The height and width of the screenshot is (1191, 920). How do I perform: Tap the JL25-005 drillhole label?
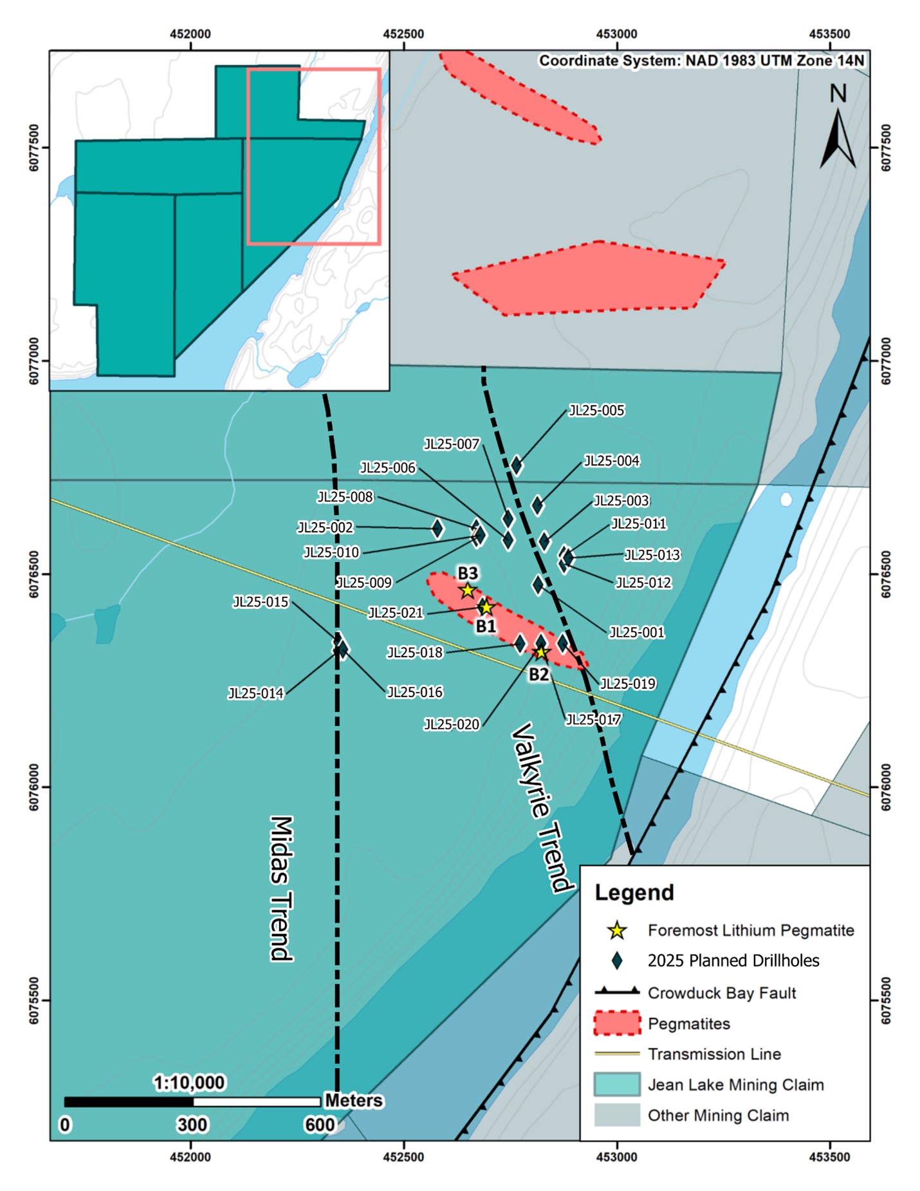tap(596, 411)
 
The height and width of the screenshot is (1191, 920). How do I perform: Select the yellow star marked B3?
tap(468, 590)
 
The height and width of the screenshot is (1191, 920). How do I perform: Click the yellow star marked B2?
tap(541, 653)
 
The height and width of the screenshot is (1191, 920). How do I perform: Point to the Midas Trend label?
tap(281, 888)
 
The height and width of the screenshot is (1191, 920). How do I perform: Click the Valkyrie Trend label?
tap(542, 808)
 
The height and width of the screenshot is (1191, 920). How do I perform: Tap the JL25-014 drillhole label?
tap(255, 693)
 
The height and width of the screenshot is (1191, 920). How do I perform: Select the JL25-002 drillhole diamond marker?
tap(437, 529)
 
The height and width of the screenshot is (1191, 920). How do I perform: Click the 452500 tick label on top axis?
tap(403, 34)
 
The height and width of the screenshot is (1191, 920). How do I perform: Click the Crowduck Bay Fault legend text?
tap(722, 993)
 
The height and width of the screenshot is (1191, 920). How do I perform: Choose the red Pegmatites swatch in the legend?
tap(617, 1024)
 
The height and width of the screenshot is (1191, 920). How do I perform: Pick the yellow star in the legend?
tap(617, 930)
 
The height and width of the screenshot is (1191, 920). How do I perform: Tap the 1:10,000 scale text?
tap(189, 1083)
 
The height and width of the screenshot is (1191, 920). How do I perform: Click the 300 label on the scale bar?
tap(192, 1125)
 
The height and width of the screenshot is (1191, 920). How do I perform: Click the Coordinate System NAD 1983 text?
tap(702, 61)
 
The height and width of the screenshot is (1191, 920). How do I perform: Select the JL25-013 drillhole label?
tap(652, 555)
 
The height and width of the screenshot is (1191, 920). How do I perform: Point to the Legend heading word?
tap(634, 893)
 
